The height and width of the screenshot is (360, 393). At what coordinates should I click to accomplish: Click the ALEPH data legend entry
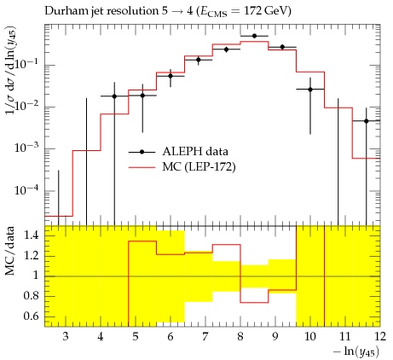[x=178, y=152]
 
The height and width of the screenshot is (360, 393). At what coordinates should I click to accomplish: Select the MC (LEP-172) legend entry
[x=182, y=167]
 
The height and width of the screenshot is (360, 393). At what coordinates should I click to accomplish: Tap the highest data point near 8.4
[x=254, y=36]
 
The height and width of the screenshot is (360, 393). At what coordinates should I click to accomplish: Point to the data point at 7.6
[x=226, y=49]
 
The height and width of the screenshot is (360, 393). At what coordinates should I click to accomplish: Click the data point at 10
[x=310, y=90]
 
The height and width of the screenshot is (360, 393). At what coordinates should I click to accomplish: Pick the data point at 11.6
[x=366, y=121]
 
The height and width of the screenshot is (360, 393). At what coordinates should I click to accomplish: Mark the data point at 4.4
[x=114, y=96]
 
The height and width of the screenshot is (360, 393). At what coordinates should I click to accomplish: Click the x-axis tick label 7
[x=205, y=337]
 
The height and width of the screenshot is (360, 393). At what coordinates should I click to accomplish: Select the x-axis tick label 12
[x=380, y=337]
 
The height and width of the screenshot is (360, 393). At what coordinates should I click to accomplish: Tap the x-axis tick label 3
[x=66, y=337]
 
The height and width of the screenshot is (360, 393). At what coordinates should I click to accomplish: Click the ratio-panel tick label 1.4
[x=31, y=235]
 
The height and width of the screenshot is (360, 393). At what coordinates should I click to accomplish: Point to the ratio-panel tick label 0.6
[x=31, y=316]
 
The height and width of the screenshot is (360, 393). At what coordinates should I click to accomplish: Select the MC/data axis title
[x=10, y=251]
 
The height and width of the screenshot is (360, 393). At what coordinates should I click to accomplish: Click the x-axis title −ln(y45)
[x=356, y=352]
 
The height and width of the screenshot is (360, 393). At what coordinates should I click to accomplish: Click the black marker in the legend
[x=142, y=152]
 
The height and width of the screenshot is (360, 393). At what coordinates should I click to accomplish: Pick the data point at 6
[x=170, y=76]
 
